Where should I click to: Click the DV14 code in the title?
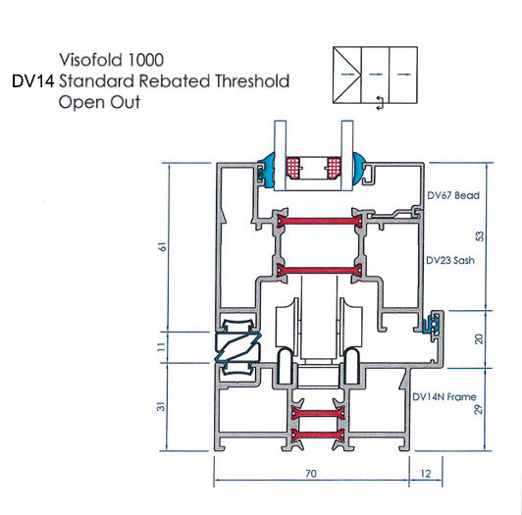point(32,81)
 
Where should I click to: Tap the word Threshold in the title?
point(252,81)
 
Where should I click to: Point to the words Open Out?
point(99,102)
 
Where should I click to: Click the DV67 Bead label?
point(453,195)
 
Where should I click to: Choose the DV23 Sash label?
point(450,260)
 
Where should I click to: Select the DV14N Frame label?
point(444,397)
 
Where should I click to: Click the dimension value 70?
point(311,474)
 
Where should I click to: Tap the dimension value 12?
point(426,474)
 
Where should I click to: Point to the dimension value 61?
point(163,246)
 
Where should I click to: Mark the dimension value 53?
point(480,236)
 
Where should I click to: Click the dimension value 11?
point(161,346)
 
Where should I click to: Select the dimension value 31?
point(161,406)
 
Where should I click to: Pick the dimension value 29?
point(478,409)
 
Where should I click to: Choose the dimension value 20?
point(479,338)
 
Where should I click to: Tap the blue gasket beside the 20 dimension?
point(431,323)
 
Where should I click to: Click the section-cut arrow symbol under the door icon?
point(380,102)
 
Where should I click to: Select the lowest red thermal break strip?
point(318,436)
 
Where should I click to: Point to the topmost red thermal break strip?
point(320,221)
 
